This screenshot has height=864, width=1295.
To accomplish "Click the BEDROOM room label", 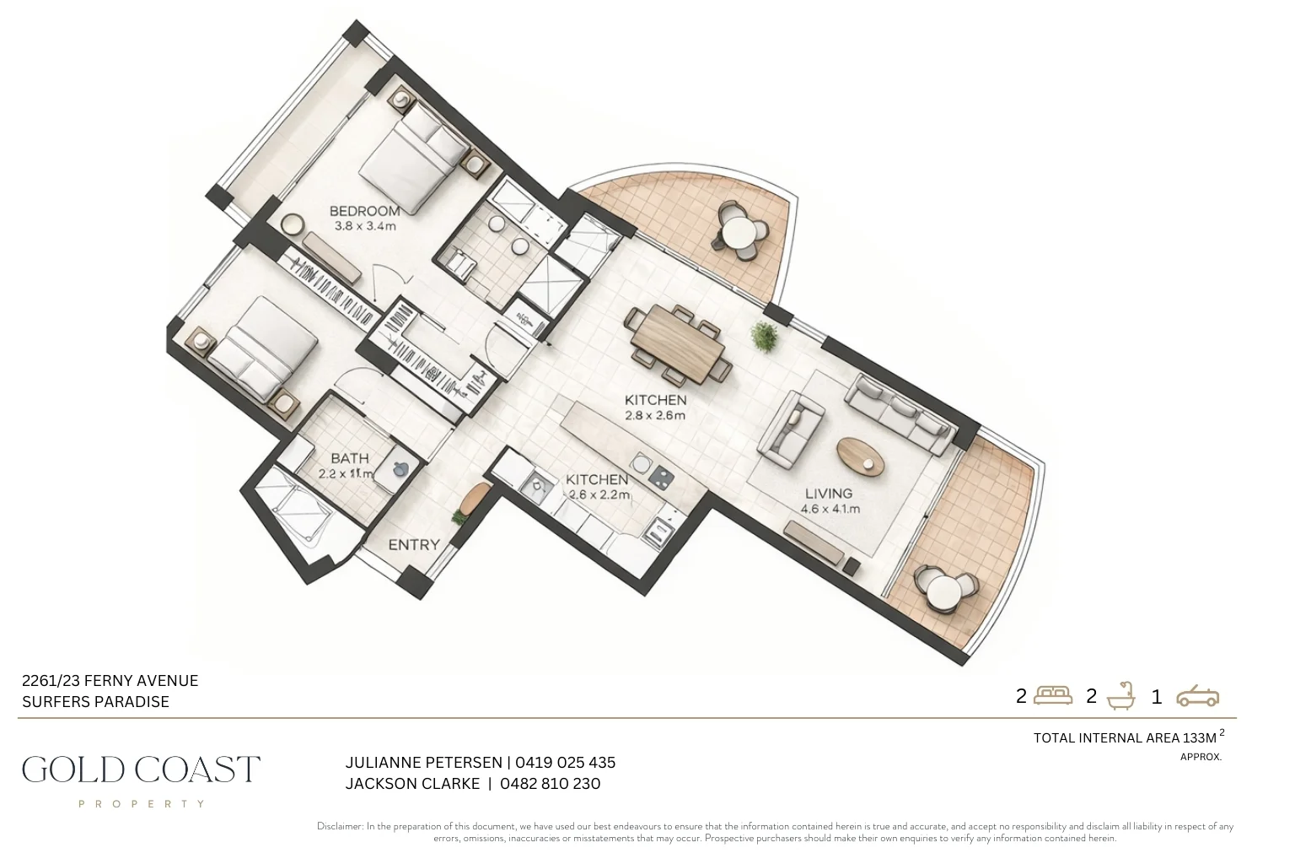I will [x=364, y=211].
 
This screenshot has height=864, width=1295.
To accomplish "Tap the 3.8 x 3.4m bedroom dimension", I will [x=364, y=226].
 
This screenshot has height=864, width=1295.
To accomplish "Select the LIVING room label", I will [x=828, y=494].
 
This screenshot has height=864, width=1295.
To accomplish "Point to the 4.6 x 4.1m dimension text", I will [x=830, y=509].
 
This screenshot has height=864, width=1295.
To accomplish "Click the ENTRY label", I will [x=413, y=545].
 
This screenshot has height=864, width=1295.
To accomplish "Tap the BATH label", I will [x=349, y=458].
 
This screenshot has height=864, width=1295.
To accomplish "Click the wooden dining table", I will [x=680, y=343].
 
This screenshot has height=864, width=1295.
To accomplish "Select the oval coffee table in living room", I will [x=861, y=456].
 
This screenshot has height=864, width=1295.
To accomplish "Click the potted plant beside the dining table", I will [x=766, y=336].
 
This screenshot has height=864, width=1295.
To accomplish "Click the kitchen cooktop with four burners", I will [x=661, y=477].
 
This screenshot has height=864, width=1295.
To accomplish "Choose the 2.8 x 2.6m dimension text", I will [x=655, y=415].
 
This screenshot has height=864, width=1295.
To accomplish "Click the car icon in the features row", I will [x=1197, y=696].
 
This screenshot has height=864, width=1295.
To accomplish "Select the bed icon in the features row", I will [x=1052, y=695].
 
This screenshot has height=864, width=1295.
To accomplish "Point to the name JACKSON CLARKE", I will [x=412, y=784].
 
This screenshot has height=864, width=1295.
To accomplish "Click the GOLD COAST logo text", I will [x=141, y=769].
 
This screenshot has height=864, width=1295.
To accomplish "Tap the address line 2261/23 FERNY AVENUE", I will [x=110, y=681].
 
